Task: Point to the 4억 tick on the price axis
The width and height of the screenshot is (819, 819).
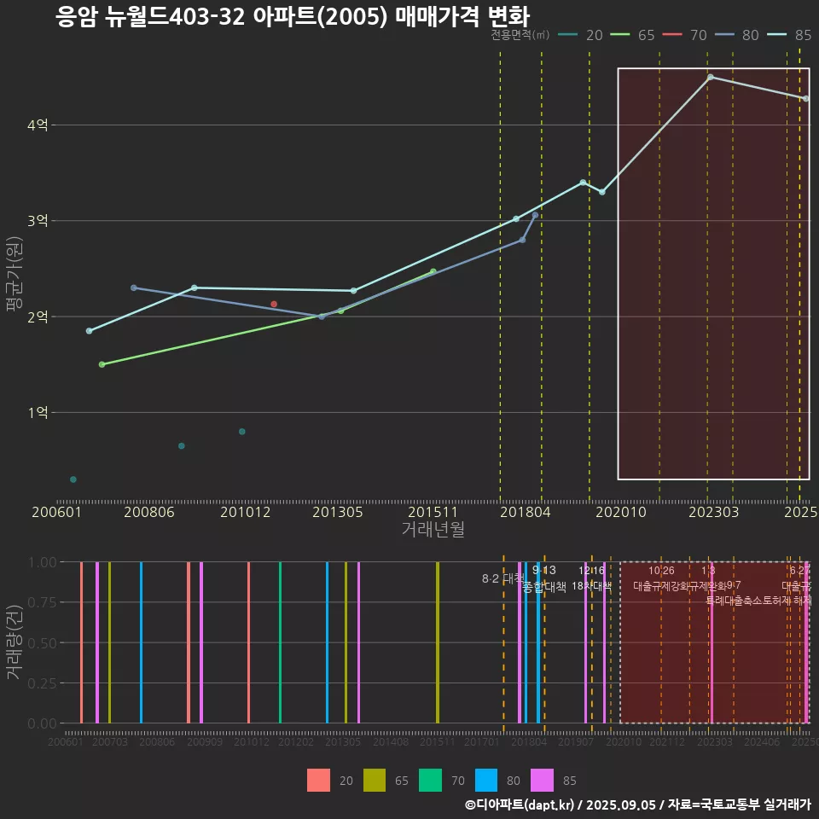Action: pos(37,125)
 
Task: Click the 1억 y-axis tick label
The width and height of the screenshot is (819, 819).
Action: pos(37,413)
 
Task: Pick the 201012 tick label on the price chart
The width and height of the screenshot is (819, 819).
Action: pos(245,512)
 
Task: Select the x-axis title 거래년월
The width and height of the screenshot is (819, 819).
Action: pos(433,530)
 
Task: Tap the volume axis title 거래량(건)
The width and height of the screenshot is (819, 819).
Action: pos(13,642)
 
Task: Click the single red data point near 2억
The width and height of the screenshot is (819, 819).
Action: pos(274,304)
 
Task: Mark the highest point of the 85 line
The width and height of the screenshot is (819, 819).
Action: pos(710,77)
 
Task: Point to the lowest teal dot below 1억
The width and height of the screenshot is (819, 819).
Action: pos(73,479)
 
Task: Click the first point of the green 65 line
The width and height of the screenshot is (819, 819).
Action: pos(102,364)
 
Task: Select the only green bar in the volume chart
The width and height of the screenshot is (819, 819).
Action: pos(280,642)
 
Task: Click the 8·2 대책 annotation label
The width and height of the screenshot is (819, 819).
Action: pos(502,578)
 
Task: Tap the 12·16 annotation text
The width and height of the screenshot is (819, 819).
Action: pos(591,571)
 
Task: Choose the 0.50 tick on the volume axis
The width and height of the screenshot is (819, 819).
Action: pos(41,642)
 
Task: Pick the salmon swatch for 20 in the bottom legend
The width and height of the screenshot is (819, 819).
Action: pos(318,780)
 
